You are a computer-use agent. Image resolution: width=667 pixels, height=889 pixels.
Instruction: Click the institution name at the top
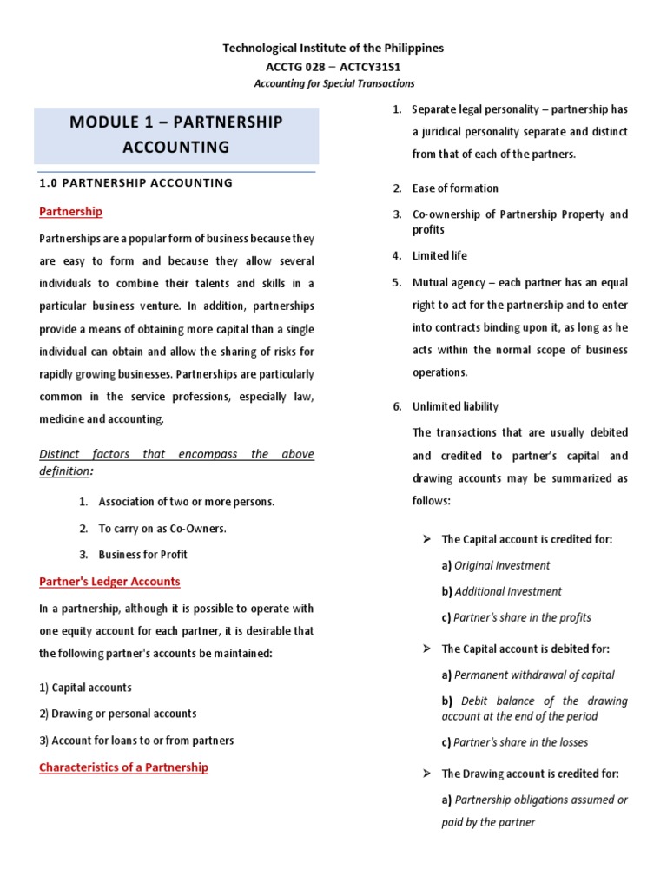[x=333, y=49]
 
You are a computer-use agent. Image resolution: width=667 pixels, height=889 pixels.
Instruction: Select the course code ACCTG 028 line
[x=333, y=66]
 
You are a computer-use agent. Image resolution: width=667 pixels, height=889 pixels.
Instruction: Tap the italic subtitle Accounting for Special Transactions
[x=333, y=83]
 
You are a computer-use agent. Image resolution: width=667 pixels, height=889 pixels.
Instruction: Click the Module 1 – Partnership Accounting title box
[x=176, y=135]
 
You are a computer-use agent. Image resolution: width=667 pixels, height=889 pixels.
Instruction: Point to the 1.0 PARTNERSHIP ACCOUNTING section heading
[x=136, y=182]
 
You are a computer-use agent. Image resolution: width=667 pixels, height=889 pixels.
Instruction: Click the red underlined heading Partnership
[x=70, y=211]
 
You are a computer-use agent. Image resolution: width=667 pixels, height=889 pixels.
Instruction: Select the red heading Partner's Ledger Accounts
[x=109, y=581]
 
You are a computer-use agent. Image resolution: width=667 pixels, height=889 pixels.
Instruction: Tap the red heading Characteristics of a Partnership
[x=123, y=767]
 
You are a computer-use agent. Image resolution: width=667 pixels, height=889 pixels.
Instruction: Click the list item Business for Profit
[x=142, y=554]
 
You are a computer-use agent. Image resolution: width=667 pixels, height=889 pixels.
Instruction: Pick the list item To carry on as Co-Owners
[x=162, y=528]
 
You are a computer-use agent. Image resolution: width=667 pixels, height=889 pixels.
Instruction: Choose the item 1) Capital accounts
[x=85, y=687]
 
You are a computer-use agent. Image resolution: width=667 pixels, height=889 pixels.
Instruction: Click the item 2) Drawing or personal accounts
[x=117, y=714]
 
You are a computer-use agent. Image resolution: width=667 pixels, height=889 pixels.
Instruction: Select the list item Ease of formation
[x=455, y=188]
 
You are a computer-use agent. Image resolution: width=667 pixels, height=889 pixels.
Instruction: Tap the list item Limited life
[x=439, y=255]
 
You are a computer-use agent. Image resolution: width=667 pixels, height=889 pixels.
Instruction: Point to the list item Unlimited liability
[x=455, y=406]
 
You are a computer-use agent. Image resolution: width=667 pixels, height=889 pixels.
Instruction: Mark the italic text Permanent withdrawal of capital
[x=534, y=675]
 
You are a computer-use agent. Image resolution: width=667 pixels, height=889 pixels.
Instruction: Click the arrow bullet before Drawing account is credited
[x=426, y=774]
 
